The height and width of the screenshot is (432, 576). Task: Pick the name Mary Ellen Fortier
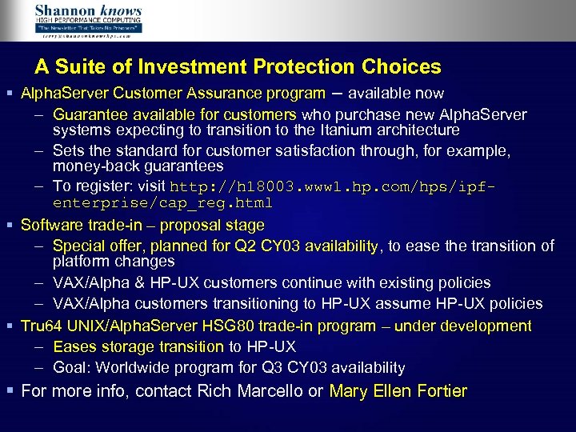(398, 391)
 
